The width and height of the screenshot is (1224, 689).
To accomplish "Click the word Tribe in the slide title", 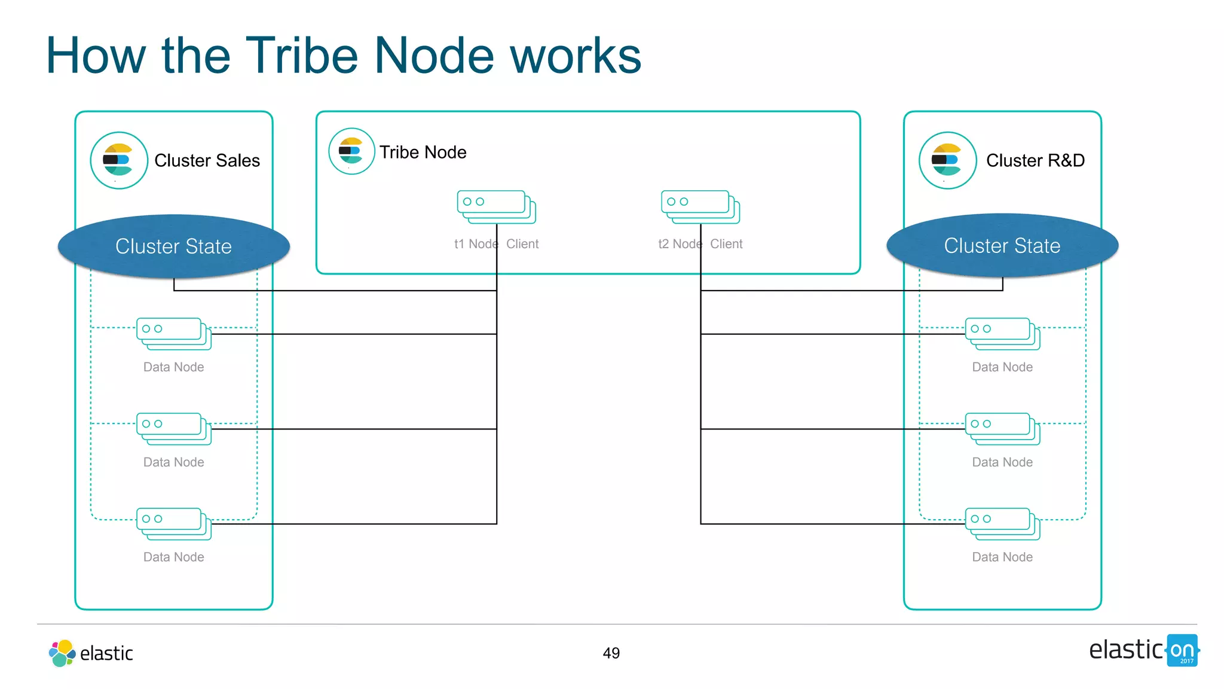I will point(301,56).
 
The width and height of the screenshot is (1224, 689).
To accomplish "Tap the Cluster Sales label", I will point(207,160).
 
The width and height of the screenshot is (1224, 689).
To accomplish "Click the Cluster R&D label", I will point(1035,160).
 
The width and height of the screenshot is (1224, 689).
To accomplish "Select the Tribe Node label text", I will point(423,153).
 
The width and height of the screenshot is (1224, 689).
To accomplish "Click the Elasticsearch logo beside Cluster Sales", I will point(119,160).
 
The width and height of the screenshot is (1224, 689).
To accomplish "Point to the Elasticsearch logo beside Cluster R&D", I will point(947,160).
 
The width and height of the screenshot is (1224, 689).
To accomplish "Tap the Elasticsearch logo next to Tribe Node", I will point(351,151).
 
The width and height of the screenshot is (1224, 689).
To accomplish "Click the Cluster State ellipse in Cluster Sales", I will point(173,246).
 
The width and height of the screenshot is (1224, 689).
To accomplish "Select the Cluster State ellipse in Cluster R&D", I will point(1002,246).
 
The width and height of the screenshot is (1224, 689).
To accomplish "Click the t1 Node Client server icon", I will point(495,206).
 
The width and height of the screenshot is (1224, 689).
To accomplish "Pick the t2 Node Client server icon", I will point(700,206).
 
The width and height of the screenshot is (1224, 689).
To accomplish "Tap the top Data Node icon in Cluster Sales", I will point(173,334).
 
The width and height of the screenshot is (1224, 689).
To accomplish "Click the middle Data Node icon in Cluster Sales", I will point(173,428).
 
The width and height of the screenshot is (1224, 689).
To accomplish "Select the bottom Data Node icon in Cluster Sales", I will point(173,523).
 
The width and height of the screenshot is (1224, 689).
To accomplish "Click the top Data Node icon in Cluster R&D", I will point(1002,334).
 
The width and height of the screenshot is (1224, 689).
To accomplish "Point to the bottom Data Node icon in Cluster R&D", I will point(1002,523).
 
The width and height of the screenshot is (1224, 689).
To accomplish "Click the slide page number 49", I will point(611,653).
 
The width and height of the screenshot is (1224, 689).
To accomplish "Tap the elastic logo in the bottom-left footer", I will point(91,653).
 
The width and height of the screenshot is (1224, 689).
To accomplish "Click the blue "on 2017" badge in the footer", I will point(1182,651).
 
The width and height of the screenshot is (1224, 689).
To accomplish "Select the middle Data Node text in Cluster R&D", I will point(1002,462).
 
